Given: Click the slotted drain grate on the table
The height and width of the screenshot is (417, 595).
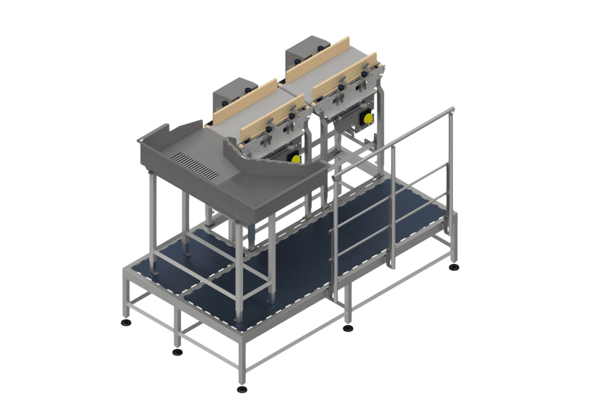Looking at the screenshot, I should click(x=196, y=167).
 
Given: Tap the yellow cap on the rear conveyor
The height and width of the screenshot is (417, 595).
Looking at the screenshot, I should click(x=368, y=119).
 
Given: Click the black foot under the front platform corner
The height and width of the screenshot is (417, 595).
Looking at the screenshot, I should click(x=242, y=389).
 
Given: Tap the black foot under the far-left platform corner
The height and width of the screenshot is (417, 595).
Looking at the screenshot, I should click(x=126, y=322).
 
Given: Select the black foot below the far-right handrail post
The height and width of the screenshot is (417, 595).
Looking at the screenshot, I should click(x=454, y=267).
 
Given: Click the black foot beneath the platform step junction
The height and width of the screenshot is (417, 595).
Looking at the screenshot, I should click(x=348, y=328).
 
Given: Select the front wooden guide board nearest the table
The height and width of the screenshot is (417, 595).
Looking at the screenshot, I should click(x=272, y=117).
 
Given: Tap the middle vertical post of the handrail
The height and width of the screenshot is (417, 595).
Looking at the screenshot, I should click(x=393, y=207).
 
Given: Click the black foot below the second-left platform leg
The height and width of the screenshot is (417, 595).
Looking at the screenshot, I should click(x=177, y=352).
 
